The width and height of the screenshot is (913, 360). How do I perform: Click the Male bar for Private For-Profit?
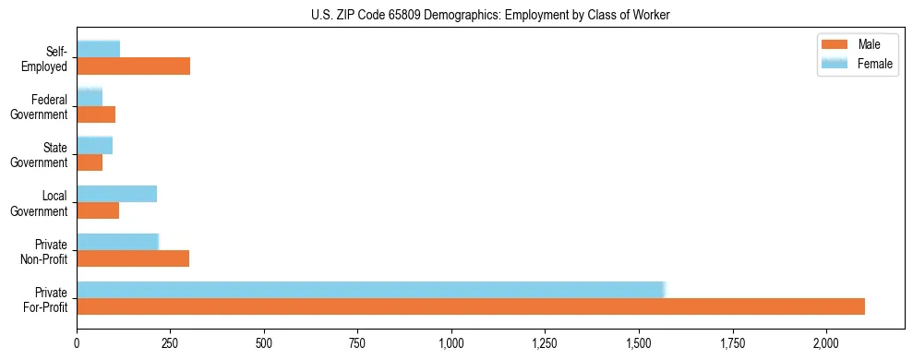(x=471, y=306)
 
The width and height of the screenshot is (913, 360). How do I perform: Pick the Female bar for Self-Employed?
(x=98, y=49)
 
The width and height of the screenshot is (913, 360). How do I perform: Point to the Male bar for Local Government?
(x=98, y=210)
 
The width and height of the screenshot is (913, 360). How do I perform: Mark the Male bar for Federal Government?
(x=96, y=114)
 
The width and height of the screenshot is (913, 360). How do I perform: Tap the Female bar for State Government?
(x=94, y=146)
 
